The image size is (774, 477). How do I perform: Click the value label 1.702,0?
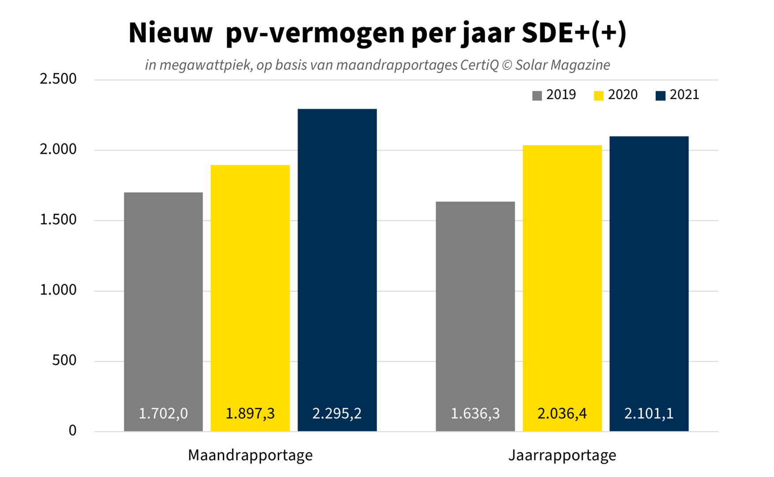tap(163, 413)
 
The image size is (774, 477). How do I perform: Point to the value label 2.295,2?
tap(337, 413)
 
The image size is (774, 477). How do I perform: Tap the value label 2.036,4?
tap(562, 413)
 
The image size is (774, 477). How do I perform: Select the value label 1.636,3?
tap(475, 413)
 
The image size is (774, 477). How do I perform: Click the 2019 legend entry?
tap(554, 95)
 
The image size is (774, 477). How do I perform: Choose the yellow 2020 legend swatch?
tap(599, 96)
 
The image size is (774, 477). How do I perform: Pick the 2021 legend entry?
tap(678, 95)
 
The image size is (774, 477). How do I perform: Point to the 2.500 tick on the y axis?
tap(58, 79)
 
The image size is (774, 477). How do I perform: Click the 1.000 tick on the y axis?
tap(58, 290)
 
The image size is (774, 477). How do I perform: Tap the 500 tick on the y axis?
tap(64, 360)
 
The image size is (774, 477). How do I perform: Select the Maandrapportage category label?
tap(250, 455)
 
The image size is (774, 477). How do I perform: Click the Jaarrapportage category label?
tap(562, 455)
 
